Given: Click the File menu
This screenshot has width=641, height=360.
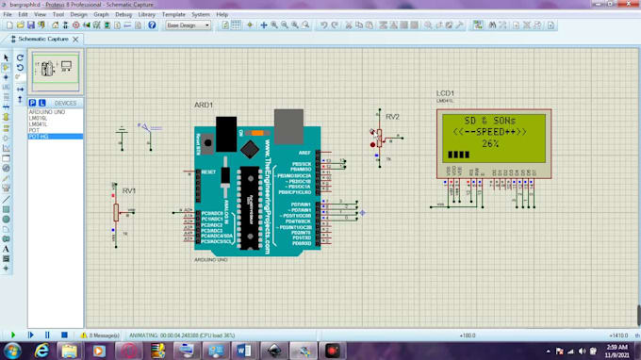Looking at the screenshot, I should point(8,14).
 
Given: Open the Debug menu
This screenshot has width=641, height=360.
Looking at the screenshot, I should point(123,14).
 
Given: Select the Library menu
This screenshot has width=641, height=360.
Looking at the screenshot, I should point(146,14).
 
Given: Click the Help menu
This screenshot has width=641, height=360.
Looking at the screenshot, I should point(222,14).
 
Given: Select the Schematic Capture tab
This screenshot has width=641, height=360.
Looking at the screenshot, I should point(43,39).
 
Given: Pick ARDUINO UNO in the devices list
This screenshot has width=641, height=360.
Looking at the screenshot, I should point(47,111).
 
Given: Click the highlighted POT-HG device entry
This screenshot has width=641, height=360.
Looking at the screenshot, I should point(40,137).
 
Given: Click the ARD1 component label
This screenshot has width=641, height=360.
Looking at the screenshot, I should point(204,105).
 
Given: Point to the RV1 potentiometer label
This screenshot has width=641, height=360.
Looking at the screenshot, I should point(128,190).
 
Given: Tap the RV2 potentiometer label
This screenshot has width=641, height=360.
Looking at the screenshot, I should point(392,117).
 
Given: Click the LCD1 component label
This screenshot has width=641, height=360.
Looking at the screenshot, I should point(445,94).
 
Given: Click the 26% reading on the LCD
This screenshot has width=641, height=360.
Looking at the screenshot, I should point(490,143).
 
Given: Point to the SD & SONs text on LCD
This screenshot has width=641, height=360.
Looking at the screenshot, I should point(490,122).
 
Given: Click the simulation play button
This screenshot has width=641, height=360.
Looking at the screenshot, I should point(13,335).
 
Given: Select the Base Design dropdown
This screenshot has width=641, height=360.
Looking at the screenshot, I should point(188,25).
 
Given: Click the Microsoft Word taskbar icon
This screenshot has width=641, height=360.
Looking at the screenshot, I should point(243,350).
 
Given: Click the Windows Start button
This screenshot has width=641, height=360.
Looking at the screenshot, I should point(13,350).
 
